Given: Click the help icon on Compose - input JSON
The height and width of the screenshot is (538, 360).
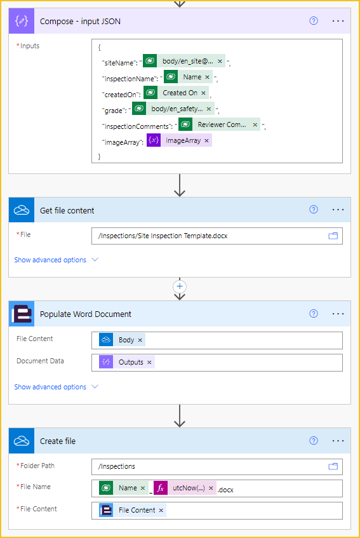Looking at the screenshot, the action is coord(314,21).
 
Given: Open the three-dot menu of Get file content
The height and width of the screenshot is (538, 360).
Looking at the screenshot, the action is coord(338,210).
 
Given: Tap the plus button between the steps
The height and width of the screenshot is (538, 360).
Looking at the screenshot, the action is coord(180,286).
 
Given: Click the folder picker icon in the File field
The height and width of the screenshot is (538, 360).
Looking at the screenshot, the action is coord(333,236).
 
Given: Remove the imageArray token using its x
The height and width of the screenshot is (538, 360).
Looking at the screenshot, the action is coord(206,140).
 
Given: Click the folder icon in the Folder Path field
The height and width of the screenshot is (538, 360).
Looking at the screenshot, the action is coord(333,466).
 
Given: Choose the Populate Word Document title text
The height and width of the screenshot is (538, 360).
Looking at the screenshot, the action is coord(85,314).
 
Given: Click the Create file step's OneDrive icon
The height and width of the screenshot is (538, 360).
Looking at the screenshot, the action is coord(22,441).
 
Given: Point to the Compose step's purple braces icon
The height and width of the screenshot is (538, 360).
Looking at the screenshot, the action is coord(22,21).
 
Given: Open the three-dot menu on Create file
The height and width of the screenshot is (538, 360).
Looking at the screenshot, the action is coord(338,441).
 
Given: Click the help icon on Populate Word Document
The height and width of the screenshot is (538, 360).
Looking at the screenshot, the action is coord(314,314).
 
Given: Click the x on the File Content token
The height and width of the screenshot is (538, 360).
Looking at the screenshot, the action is coord(161,510).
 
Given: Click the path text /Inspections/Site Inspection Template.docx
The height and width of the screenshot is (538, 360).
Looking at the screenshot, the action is coord(163,236).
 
